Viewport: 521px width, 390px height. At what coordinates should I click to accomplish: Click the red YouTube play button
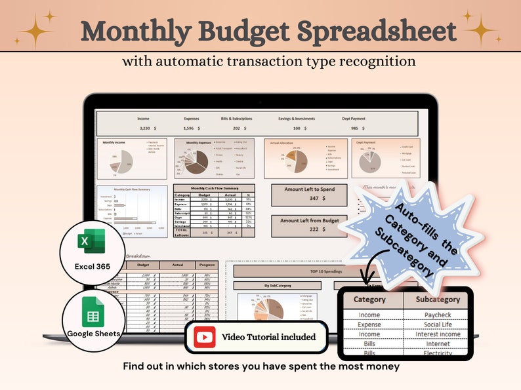coord(204,337)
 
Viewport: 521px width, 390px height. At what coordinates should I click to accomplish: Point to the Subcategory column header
coord(436,300)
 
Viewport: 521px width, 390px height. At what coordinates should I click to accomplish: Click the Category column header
coord(369,300)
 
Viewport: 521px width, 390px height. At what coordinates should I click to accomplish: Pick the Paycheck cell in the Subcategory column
coord(436,315)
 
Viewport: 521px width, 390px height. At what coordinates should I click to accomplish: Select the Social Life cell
coord(436,324)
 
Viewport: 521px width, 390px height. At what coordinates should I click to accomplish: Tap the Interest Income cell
coord(436,334)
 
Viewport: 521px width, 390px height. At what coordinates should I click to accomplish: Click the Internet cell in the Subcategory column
coord(436,343)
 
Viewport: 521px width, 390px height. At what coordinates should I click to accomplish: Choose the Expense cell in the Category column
coord(369,324)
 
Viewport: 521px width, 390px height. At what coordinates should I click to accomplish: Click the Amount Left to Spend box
coord(308,195)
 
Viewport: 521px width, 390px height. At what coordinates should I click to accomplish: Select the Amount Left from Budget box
coord(308,225)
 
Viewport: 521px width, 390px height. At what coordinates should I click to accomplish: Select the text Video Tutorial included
coord(268,337)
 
